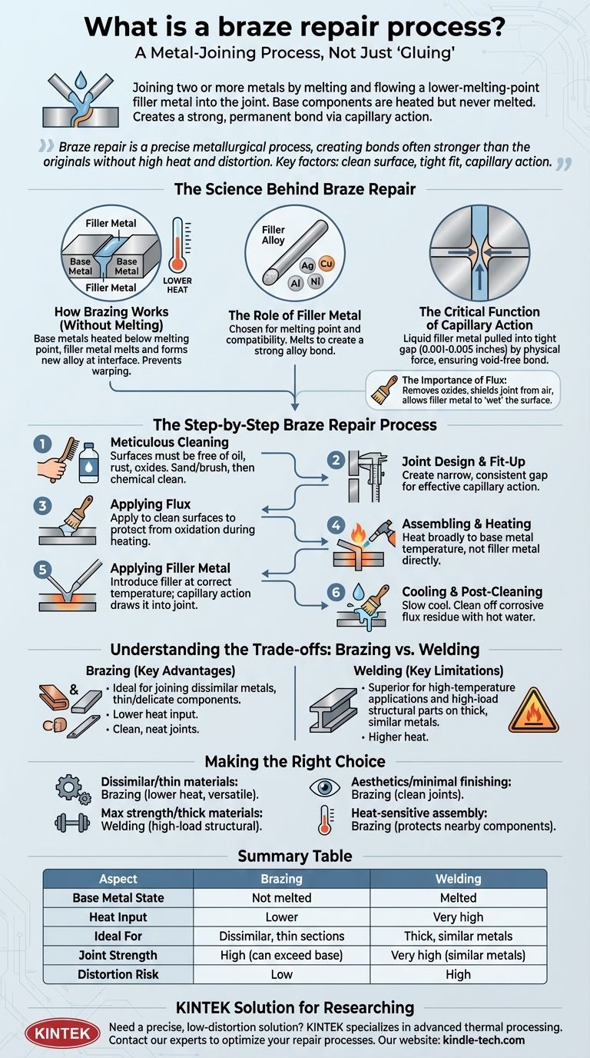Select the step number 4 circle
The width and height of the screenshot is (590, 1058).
point(336,525)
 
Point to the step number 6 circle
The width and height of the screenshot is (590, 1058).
point(336,593)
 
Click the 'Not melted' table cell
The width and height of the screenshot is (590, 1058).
point(282,897)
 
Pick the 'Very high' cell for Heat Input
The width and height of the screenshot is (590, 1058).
point(459,917)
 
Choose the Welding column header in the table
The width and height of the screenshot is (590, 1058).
point(459,878)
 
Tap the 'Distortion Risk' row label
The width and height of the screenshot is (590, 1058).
point(118,974)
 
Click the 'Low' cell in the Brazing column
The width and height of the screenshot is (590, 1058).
point(282,974)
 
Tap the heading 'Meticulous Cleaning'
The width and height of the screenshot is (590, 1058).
point(170,442)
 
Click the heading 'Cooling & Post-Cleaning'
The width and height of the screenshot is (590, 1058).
point(472,591)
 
